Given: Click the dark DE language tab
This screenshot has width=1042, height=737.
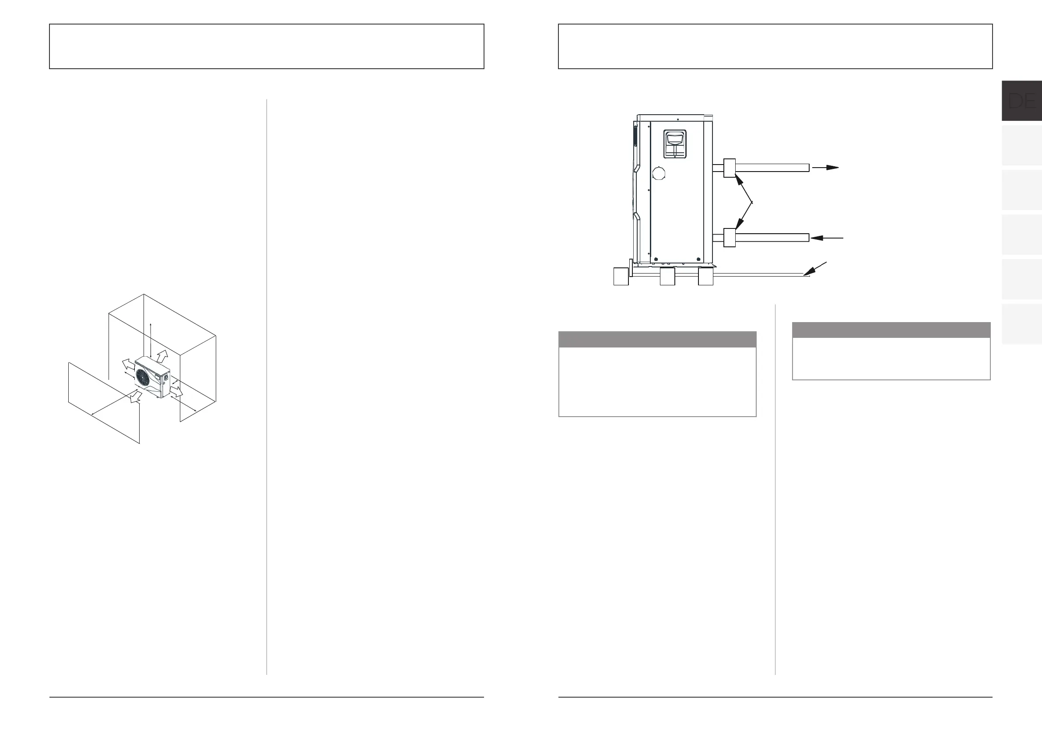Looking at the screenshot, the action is pyautogui.click(x=1021, y=101).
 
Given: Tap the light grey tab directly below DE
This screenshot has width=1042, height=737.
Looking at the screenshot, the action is pyautogui.click(x=1021, y=145).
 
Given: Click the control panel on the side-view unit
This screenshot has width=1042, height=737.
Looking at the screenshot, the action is pyautogui.click(x=675, y=144).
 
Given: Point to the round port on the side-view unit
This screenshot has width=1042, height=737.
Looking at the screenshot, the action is pyautogui.click(x=659, y=173).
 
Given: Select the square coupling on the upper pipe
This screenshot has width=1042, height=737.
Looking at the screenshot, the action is pyautogui.click(x=729, y=168).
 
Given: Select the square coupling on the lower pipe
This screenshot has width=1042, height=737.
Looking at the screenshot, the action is pyautogui.click(x=729, y=237).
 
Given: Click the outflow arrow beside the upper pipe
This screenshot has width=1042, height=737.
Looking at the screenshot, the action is pyautogui.click(x=825, y=168).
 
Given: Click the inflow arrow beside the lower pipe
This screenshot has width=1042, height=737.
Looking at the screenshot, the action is pyautogui.click(x=827, y=237).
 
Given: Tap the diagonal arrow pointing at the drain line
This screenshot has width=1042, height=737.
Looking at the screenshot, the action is pyautogui.click(x=815, y=269).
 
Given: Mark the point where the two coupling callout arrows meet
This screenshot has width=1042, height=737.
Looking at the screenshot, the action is pyautogui.click(x=752, y=202).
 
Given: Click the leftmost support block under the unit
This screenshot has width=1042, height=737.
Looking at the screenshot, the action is pyautogui.click(x=621, y=277).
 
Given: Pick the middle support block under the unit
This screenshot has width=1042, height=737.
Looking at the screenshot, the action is pyautogui.click(x=667, y=277).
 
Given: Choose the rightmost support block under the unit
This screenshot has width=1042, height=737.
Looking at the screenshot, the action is pyautogui.click(x=706, y=277).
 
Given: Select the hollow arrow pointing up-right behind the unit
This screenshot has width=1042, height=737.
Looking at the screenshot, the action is pyautogui.click(x=162, y=356).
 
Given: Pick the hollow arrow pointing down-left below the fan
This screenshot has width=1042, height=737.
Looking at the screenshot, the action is pyautogui.click(x=135, y=397).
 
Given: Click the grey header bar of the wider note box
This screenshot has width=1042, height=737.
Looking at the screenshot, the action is pyautogui.click(x=657, y=340).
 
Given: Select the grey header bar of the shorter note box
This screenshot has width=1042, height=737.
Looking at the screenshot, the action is pyautogui.click(x=891, y=330).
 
